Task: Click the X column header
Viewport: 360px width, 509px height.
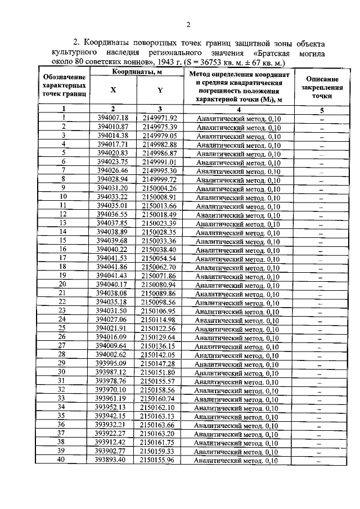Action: (114, 90)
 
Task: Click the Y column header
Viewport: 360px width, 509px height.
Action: (160, 90)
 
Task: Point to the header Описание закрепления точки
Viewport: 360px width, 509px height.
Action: (322, 87)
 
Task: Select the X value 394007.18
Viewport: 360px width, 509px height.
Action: (113, 118)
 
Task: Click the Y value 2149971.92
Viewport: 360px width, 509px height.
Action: (160, 118)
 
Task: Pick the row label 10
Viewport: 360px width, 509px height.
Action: (64, 197)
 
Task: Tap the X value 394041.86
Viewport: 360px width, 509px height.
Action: (113, 267)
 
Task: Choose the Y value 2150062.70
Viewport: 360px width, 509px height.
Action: (159, 267)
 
